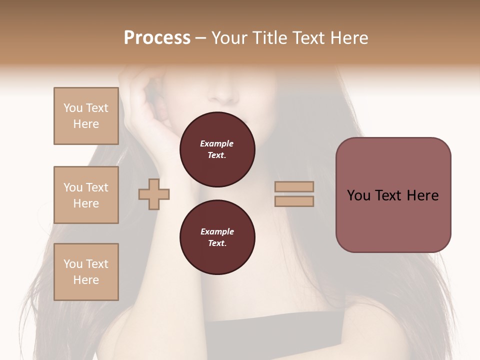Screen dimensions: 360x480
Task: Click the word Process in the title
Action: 157,38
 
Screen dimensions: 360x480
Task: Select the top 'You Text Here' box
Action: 86,116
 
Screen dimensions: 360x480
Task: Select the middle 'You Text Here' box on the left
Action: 86,195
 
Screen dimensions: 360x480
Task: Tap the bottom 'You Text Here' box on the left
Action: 86,271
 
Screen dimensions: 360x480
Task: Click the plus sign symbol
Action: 154,194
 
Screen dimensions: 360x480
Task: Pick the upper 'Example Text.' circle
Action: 217,149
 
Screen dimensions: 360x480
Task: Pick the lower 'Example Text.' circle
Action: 217,237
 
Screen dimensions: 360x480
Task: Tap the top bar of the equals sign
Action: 294,186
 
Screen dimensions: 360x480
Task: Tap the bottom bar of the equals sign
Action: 294,201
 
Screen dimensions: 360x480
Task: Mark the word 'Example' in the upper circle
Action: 217,143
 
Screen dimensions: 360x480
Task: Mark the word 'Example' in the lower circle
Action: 217,231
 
